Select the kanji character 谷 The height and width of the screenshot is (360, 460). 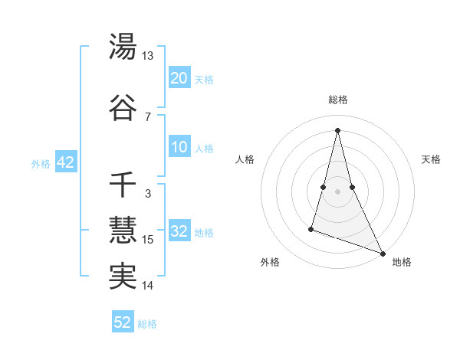123,106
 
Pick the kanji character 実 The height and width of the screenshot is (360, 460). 123,277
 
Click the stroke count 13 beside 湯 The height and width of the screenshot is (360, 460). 148,56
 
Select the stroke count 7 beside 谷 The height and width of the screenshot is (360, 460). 148,116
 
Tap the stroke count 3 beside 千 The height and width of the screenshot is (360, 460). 148,194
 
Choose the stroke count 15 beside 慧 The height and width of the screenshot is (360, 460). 148,240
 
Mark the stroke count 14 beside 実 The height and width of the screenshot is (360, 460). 148,286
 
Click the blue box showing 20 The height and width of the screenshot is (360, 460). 179,78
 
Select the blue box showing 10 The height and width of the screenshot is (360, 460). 179,147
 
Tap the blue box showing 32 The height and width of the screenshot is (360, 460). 179,231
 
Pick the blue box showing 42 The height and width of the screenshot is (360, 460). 64,162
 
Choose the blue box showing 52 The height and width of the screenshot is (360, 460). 123,322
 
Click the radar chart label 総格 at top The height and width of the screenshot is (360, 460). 337,100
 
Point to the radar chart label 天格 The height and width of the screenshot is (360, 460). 432,159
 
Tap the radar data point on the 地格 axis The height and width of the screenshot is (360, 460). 383,253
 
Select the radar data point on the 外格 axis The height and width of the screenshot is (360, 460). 311,228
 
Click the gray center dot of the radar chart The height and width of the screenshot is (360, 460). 337,192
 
